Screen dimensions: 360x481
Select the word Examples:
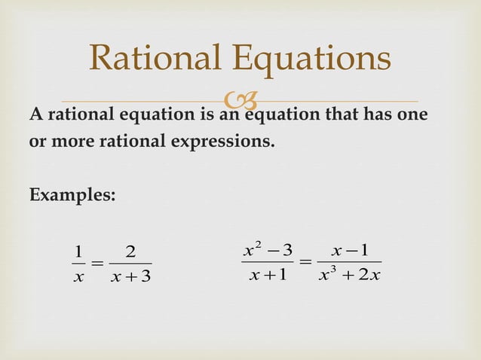[x=72, y=194]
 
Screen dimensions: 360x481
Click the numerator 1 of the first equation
[x=78, y=251]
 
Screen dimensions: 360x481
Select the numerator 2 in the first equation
[x=130, y=251]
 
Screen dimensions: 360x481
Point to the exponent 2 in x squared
[x=260, y=243]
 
